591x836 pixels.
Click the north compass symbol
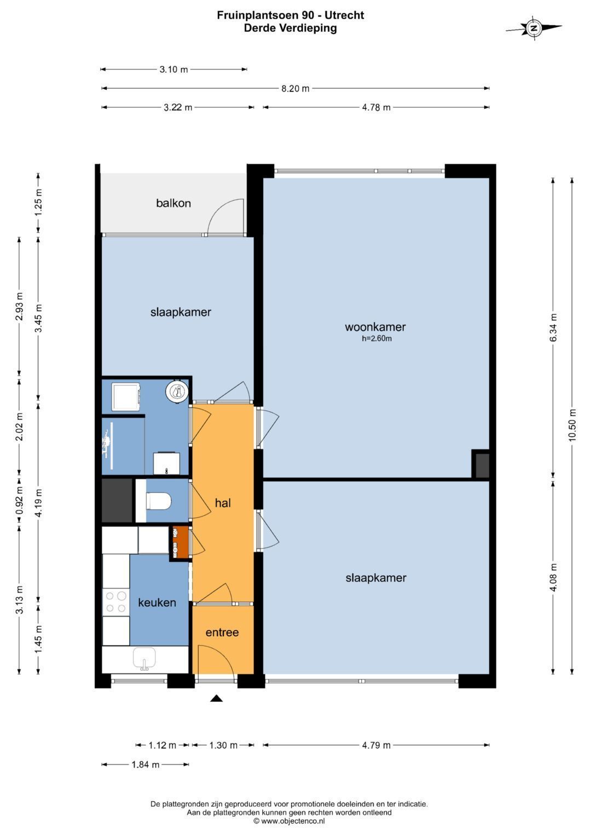tap(534, 27)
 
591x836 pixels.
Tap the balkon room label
tap(173, 203)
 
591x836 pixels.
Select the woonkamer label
tap(375, 327)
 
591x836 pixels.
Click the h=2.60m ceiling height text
tap(376, 339)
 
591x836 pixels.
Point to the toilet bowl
tap(159, 501)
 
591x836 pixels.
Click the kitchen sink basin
tap(144, 657)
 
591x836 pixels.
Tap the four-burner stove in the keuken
tap(115, 602)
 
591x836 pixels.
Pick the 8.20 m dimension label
tap(295, 89)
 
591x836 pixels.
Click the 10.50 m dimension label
tap(572, 425)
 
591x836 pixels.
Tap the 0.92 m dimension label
tap(19, 500)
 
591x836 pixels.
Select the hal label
tap(223, 503)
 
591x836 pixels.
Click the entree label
tap(222, 632)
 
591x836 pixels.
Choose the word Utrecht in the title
tap(344, 15)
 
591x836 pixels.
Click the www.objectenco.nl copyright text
tap(289, 821)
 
